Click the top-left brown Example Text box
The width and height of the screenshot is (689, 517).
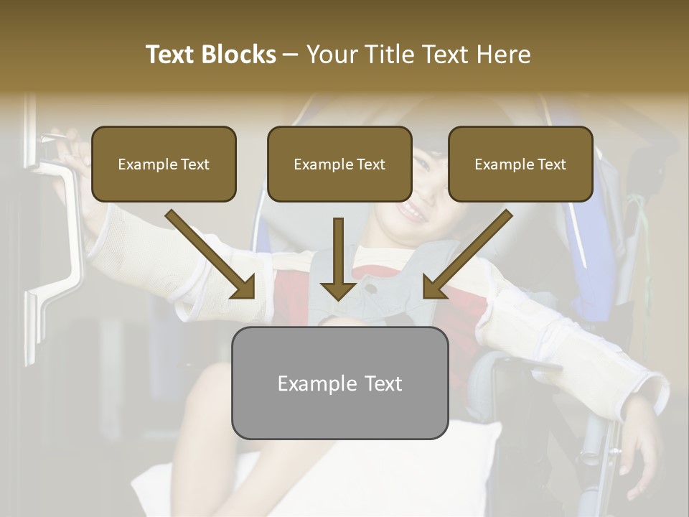click(164, 164)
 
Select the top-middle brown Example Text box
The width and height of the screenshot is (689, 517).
click(339, 164)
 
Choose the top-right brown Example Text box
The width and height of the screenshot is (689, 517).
click(520, 164)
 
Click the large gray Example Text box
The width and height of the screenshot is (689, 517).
click(339, 383)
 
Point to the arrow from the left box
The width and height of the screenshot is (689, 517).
click(212, 255)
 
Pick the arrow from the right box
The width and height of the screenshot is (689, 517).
click(467, 255)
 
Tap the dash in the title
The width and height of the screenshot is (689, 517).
click(291, 55)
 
